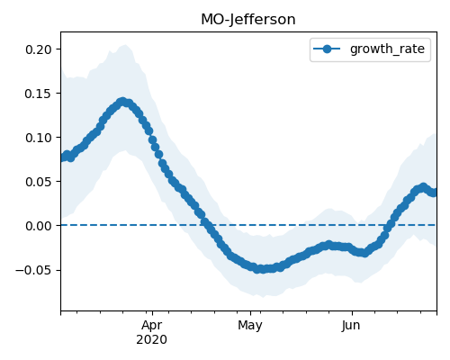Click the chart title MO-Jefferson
pyautogui.click(x=248, y=20)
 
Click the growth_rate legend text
pyautogui.click(x=387, y=49)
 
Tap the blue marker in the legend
pyautogui.click(x=327, y=49)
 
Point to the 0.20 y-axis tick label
pyautogui.click(x=39, y=49)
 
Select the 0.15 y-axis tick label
pyautogui.click(x=39, y=94)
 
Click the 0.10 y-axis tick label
pyautogui.click(x=39, y=138)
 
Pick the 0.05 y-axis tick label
pyautogui.click(x=39, y=182)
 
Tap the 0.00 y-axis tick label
pyautogui.click(x=39, y=226)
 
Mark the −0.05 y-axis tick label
pyautogui.click(x=34, y=270)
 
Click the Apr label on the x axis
pyautogui.click(x=152, y=326)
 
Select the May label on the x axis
pyautogui.click(x=250, y=326)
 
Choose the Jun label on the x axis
pyautogui.click(x=351, y=326)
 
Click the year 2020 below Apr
pyautogui.click(x=151, y=340)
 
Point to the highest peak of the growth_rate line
pyautogui.click(x=122, y=102)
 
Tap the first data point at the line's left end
pyautogui.click(x=62, y=157)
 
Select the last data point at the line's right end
pyautogui.click(x=435, y=193)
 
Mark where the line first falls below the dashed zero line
pyautogui.click(x=207, y=225)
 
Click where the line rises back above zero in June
pyautogui.click(x=389, y=225)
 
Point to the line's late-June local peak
pyautogui.click(x=423, y=187)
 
